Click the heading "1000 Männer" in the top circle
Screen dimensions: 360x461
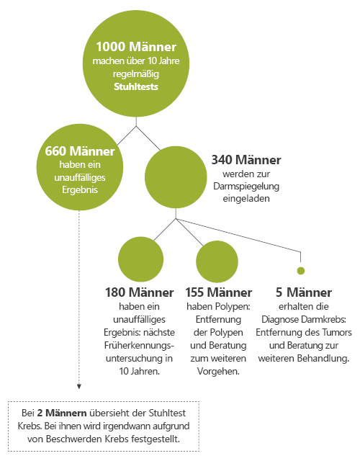(x=136, y=47)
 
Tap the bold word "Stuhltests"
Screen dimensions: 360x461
(x=136, y=86)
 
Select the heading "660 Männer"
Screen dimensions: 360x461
(x=80, y=151)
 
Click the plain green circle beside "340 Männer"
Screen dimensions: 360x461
(x=176, y=177)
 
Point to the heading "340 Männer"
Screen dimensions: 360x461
(x=246, y=160)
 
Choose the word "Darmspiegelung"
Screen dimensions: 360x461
(x=246, y=187)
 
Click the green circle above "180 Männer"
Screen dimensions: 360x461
(x=141, y=259)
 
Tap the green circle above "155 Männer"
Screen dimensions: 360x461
(x=217, y=261)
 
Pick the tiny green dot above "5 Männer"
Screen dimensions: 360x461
(x=301, y=271)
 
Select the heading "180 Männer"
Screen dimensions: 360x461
(x=139, y=292)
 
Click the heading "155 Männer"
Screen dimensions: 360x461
(x=218, y=292)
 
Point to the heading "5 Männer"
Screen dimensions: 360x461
(x=304, y=292)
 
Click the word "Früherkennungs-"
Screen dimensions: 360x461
(x=139, y=346)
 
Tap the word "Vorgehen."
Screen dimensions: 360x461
(x=218, y=371)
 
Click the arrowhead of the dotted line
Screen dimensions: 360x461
(x=78, y=387)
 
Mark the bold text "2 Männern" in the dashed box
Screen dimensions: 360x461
(x=62, y=413)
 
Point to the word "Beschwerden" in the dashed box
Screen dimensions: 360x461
(x=74, y=439)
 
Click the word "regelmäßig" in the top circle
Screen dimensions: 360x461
(x=136, y=74)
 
